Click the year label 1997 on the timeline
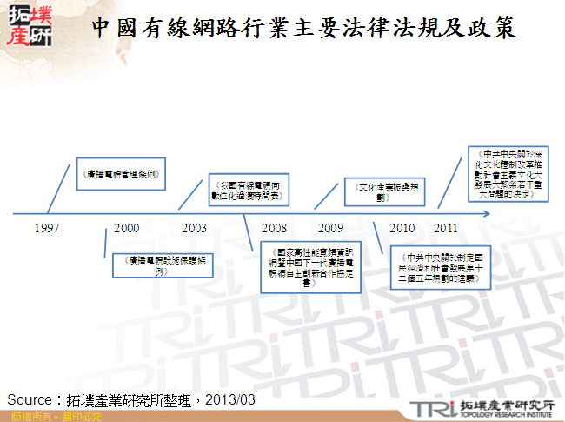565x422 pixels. pos(47,229)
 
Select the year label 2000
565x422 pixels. pos(126,229)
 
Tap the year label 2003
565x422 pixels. pos(194,229)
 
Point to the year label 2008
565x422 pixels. pos(274,229)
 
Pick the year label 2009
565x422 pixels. pos(330,229)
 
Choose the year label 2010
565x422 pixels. pos(402,229)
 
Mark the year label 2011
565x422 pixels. pos(446,229)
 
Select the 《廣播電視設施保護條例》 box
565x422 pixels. pos(163,265)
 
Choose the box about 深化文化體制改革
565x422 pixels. pos(509,174)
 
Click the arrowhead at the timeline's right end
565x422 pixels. pos(555,213)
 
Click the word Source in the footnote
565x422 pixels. pos(29,399)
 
